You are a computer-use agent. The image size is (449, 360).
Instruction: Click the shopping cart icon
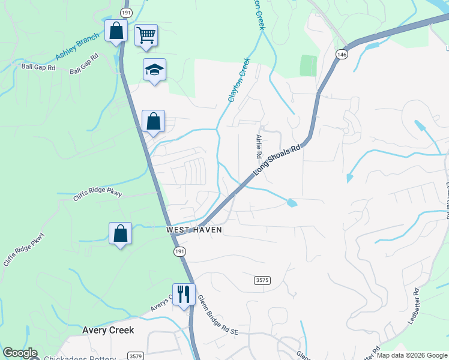[146, 35]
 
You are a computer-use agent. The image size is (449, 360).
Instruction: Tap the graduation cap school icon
[154, 70]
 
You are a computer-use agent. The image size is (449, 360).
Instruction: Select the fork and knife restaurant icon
[184, 294]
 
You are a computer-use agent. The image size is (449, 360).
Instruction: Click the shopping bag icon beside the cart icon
[116, 31]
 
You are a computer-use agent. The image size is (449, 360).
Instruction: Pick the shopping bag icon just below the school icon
[154, 121]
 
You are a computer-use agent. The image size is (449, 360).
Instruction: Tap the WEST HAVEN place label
[194, 230]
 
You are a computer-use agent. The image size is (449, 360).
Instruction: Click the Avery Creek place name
[108, 331]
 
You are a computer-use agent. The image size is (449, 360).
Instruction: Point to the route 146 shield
[342, 54]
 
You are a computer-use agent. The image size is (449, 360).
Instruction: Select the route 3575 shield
[262, 280]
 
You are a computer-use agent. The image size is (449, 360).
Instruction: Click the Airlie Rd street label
[259, 146]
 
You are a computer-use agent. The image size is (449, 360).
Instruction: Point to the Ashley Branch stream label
[77, 47]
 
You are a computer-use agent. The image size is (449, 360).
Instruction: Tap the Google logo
[20, 353]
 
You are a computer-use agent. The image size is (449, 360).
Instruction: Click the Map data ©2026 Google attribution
[412, 356]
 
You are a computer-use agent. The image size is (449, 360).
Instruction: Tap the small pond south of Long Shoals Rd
[292, 203]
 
